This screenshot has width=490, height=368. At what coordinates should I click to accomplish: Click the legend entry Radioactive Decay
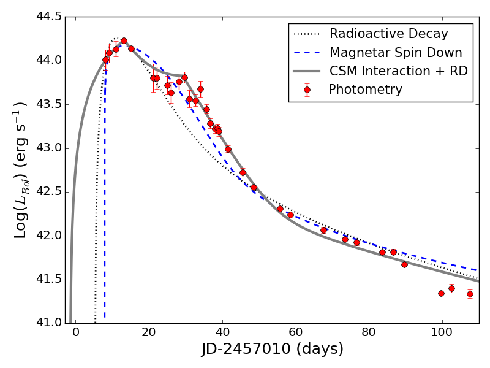click(x=388, y=34)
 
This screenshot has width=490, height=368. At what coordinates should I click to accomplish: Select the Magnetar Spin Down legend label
click(x=396, y=53)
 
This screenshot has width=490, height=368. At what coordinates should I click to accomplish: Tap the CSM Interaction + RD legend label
click(x=398, y=71)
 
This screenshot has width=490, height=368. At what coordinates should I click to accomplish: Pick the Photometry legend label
click(x=365, y=90)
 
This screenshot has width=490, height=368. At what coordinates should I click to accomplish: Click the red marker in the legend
click(x=307, y=90)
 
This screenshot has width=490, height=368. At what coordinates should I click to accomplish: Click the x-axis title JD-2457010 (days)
click(x=273, y=350)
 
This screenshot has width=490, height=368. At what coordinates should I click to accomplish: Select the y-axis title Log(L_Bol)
click(x=20, y=170)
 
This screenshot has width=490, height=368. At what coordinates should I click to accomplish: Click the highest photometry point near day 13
click(x=124, y=41)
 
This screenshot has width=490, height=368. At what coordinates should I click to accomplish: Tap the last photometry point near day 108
click(x=470, y=294)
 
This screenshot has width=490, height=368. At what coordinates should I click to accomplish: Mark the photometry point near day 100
click(x=441, y=293)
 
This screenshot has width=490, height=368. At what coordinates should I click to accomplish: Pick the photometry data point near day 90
click(x=404, y=264)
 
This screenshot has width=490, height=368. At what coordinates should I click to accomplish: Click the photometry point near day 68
click(x=323, y=230)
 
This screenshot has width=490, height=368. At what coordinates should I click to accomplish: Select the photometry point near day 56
click(x=280, y=209)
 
